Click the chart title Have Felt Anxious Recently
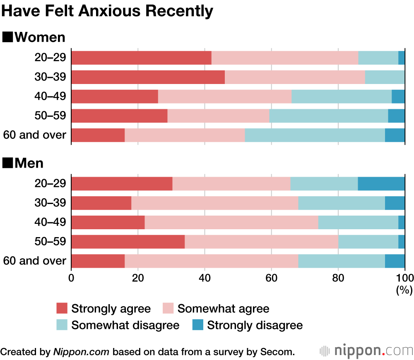pos(108,11)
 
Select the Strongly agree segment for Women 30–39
pos(148,77)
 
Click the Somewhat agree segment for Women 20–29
pos(285,58)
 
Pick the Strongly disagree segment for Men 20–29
pos(381,184)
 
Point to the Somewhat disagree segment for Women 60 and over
pos(315,135)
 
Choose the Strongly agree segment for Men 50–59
pos(128,242)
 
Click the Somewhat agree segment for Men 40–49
pos(231,222)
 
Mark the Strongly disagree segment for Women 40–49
pos(398,96)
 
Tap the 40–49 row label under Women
pos(50,96)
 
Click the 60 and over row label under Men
pos(35,261)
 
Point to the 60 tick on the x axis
pos(272,277)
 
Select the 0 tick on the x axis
pos(72,277)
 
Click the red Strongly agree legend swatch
pos(62,309)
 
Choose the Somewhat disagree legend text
pos(125,325)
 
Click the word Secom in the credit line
pos(279,352)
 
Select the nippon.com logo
pos(366,351)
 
